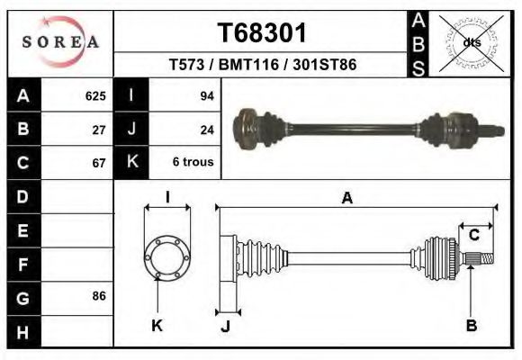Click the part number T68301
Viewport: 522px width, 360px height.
262,32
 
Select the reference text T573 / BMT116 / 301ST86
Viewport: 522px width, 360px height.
262,66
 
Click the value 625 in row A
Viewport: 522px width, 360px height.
95,96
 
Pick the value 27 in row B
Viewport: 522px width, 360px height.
99,130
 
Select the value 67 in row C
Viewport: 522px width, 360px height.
99,163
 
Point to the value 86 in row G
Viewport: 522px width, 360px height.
99,295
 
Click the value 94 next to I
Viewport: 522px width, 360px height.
206,96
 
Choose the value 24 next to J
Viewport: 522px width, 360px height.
206,130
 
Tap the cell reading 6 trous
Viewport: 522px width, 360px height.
193,163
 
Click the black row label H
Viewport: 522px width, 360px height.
22,331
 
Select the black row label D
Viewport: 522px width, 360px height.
22,196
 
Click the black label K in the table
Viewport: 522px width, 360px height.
131,163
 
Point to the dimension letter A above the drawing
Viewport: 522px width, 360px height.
346,200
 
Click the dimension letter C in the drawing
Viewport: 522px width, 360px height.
473,236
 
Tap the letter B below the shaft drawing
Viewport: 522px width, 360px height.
471,326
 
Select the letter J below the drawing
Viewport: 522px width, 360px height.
227,326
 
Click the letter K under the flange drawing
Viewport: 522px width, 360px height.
157,326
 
